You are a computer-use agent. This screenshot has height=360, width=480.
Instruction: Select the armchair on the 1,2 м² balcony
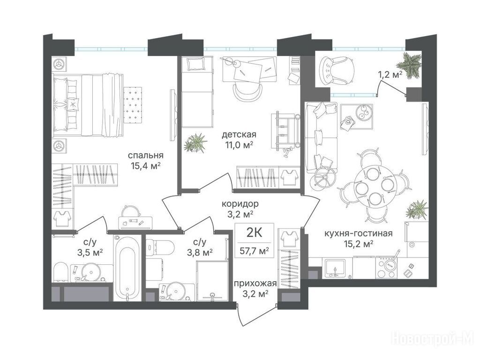(337, 70)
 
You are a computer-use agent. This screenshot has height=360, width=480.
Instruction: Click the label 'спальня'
(146, 156)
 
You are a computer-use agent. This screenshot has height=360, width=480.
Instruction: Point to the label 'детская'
(239, 134)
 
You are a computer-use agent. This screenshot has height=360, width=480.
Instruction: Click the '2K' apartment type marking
(254, 233)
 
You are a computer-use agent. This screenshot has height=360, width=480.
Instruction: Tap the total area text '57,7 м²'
(254, 251)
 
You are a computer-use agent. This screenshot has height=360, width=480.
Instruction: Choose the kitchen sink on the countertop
(335, 268)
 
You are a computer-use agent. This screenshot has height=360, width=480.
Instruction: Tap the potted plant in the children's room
(195, 142)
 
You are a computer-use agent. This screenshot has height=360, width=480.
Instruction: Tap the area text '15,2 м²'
(359, 244)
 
